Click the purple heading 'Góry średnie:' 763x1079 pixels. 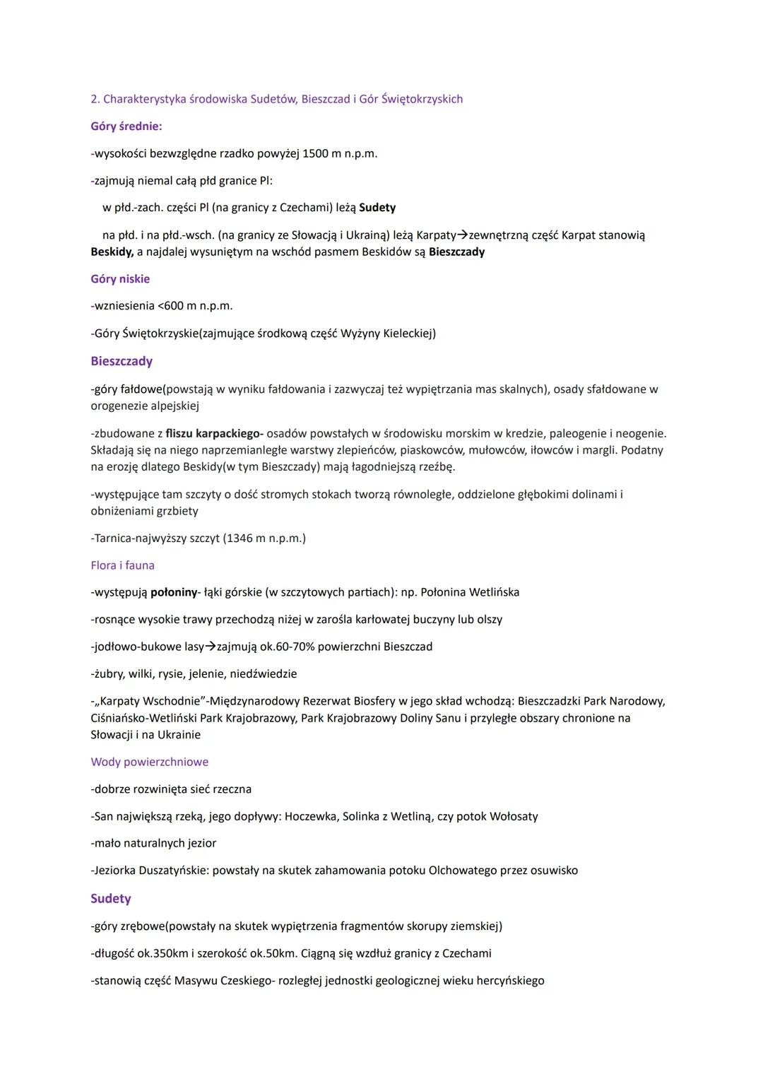coord(126,126)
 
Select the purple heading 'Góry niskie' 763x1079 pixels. coord(120,279)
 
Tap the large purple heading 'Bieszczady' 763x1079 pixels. coord(122,361)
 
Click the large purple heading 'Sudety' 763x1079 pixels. coord(110,899)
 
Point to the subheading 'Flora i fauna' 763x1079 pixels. coord(122,565)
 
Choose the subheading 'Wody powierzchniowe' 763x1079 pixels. coord(149,762)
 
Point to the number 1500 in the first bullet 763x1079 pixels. coord(316,153)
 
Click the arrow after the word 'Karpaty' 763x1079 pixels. coord(462,235)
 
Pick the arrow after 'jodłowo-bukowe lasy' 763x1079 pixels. coord(211,647)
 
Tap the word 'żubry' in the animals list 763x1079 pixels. coord(107,674)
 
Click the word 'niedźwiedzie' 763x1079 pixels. coord(264,674)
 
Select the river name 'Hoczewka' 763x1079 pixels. coord(310,817)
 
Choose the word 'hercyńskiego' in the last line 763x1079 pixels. coord(510,981)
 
